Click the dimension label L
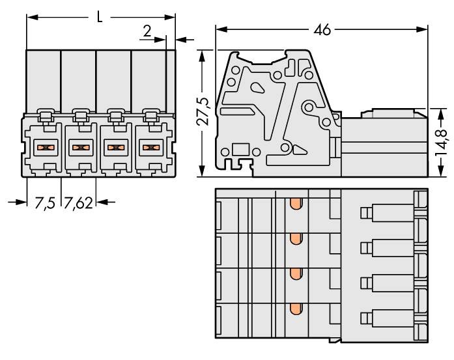99,16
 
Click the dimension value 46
322,30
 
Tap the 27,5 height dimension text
203,111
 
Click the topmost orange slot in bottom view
296,205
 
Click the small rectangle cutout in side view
239,149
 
